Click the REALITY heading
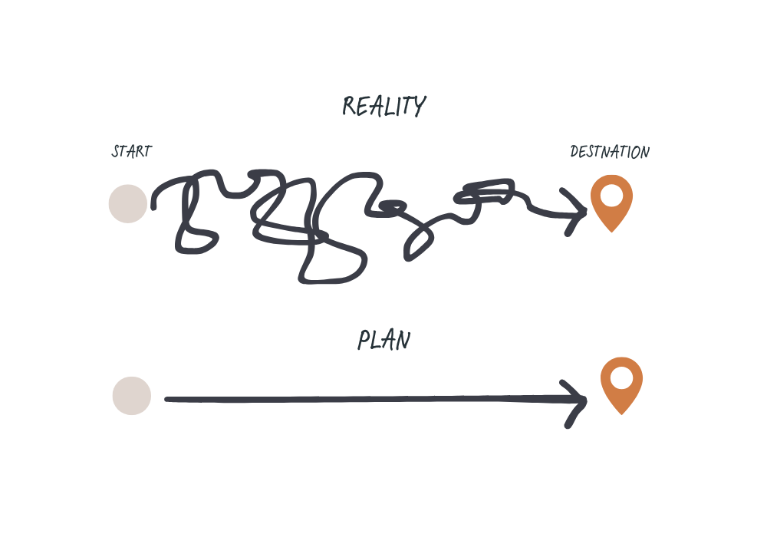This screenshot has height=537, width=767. coord(383,106)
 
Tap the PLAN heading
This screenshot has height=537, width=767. coord(383,340)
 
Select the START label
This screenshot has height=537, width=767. coord(131,151)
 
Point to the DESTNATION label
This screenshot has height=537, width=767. coord(610,152)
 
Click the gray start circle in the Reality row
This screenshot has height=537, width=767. coord(127,203)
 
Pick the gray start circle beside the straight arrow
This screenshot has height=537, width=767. coord(132,396)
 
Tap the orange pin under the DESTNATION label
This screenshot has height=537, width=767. coord(611,201)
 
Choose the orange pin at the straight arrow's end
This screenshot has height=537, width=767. coord(621,384)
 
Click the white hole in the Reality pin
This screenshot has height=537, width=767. coord(611,195)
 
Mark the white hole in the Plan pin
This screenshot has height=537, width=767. coord(621,377)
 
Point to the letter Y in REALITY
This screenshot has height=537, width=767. coord(418,107)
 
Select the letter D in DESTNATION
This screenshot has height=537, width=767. coord(574,152)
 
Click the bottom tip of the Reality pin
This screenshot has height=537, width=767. coord(611,230)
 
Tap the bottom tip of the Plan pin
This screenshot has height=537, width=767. coord(621,413)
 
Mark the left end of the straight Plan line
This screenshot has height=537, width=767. coord(167,399)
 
